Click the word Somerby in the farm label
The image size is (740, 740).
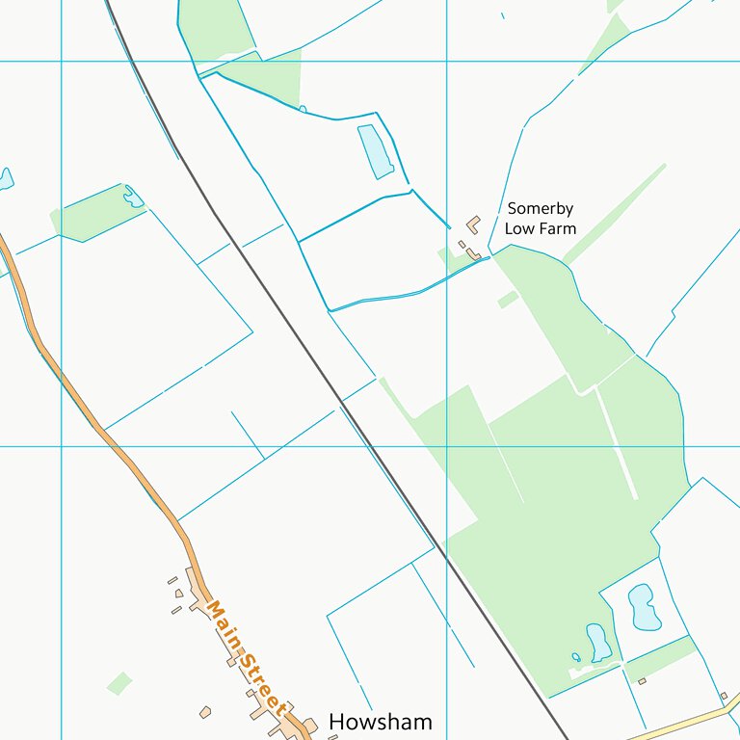click(x=541, y=209)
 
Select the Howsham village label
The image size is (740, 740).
click(x=380, y=722)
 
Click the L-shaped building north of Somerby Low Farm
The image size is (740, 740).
click(x=473, y=224)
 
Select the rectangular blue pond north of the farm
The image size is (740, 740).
click(x=375, y=150)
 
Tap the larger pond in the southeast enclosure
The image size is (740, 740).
click(x=643, y=606)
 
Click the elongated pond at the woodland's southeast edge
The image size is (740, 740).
click(x=598, y=642)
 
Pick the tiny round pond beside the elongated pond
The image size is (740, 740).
click(x=576, y=657)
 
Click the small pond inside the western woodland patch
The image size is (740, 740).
click(x=133, y=198)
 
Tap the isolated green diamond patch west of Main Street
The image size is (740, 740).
click(x=119, y=683)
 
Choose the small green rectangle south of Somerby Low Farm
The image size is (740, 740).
click(x=508, y=300)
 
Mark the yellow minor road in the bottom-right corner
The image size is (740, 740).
click(x=684, y=721)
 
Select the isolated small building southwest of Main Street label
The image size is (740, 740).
click(x=205, y=712)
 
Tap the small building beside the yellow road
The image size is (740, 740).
click(x=724, y=696)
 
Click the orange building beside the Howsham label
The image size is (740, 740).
click(x=310, y=725)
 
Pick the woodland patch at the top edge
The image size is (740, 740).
click(x=218, y=27)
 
